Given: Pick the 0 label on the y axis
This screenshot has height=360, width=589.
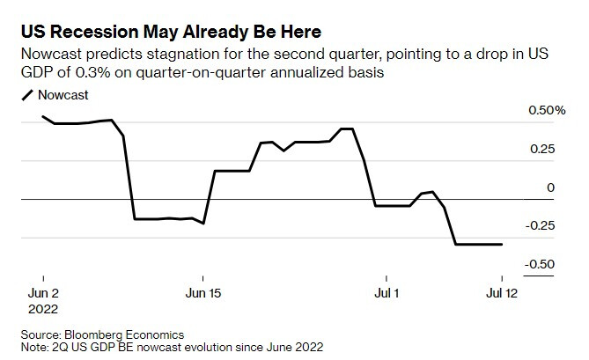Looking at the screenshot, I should [x=550, y=187].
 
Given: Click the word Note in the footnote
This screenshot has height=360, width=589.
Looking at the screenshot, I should [x=33, y=347].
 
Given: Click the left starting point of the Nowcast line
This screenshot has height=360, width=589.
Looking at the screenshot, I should [x=42, y=116].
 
